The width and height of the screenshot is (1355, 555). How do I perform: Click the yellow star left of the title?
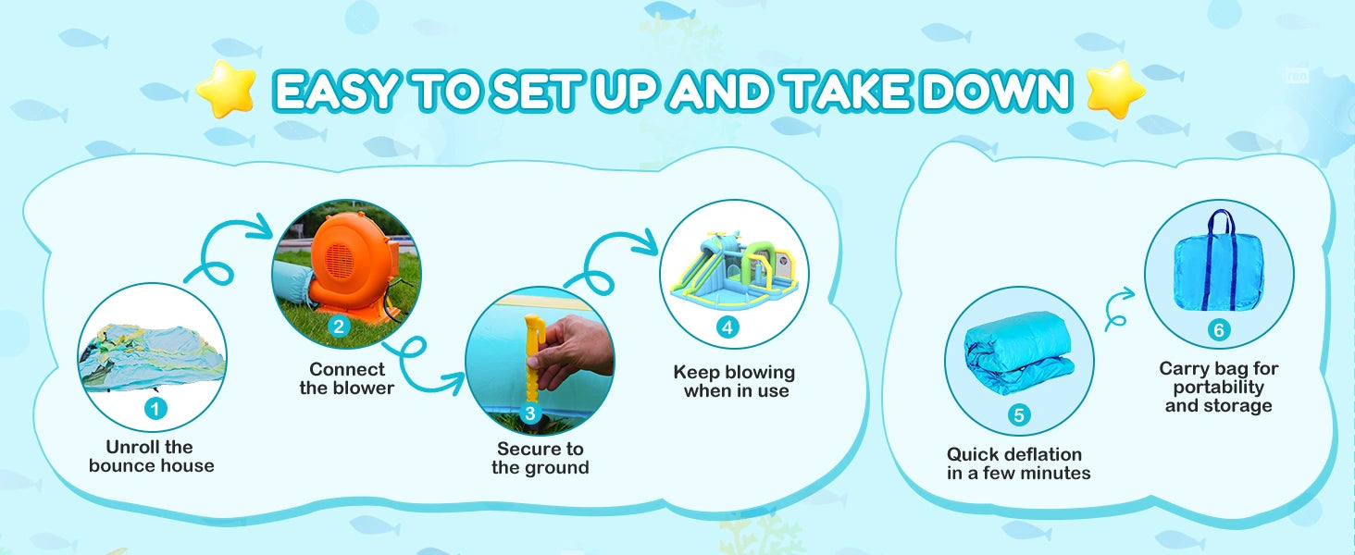225,89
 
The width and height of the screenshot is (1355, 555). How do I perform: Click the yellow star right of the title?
1116,90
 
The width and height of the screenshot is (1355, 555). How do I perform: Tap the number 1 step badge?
155,409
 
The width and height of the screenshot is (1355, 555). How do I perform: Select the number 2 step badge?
339,327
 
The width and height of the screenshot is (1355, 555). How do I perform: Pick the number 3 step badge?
530,413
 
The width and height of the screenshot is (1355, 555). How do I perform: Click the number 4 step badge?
727,327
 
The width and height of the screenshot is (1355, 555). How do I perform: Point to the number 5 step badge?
1019,415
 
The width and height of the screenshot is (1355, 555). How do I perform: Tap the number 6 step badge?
1219,330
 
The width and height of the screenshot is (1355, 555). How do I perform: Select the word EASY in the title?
337,91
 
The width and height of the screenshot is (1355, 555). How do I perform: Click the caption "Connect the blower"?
346,378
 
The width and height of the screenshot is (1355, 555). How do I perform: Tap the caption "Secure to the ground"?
541,458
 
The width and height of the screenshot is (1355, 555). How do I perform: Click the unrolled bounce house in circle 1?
153,358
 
